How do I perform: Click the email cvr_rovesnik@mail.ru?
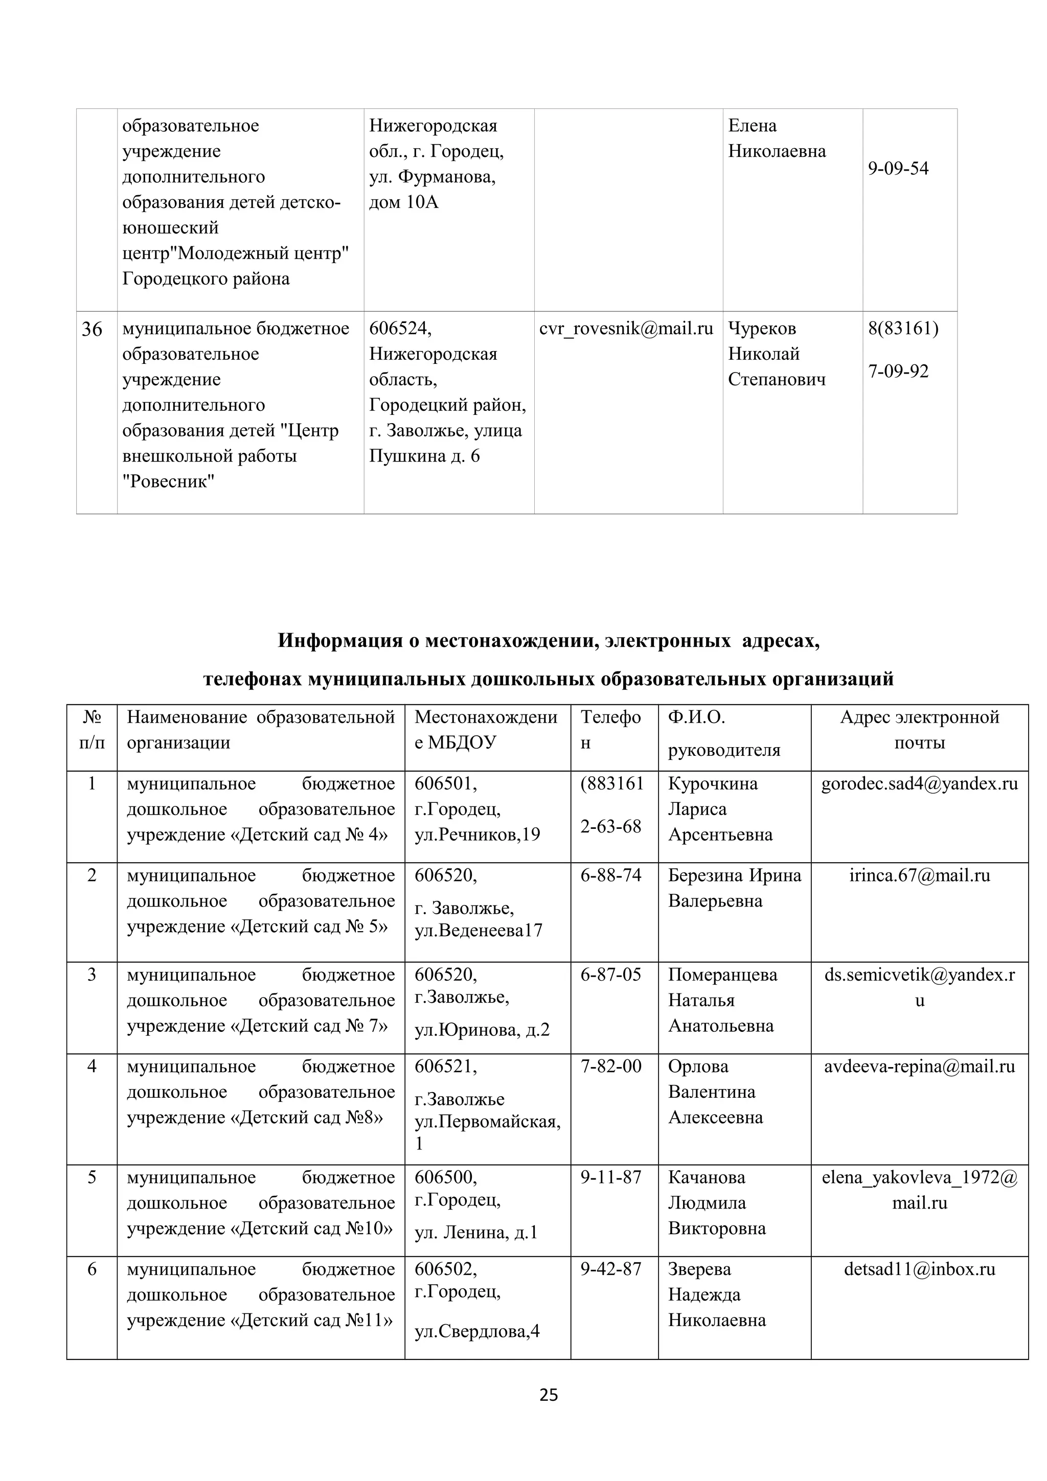tap(626, 329)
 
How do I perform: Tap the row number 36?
tap(92, 330)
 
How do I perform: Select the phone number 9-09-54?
tap(898, 169)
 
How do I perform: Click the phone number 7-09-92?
tap(898, 372)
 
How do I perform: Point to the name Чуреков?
tap(762, 329)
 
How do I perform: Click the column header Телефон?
tap(610, 730)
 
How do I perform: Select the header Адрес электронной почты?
tap(919, 730)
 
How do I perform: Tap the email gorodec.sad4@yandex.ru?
tap(919, 784)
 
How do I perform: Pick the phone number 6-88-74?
tap(611, 876)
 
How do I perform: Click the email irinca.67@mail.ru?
tap(919, 876)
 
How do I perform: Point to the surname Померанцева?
tap(722, 975)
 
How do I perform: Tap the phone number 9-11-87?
tap(611, 1178)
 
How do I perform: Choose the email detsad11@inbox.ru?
tap(919, 1269)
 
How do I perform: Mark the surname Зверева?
tap(699, 1269)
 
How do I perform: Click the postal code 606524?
tap(400, 329)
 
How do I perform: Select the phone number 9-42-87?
tap(611, 1269)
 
